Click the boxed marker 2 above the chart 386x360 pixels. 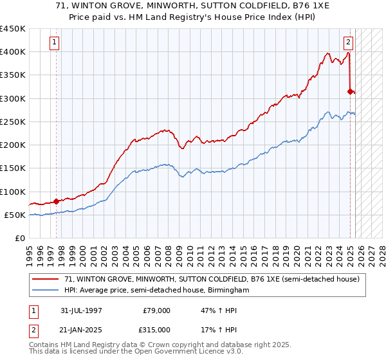coord(348,43)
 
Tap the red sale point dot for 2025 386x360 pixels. coord(351,91)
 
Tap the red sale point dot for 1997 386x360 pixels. coord(57,201)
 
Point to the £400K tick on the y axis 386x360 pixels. coord(13,52)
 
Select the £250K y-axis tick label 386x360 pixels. coord(13,122)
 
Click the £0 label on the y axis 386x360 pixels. coord(20,238)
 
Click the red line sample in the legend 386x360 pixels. coord(46,279)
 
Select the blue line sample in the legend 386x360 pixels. coord(46,290)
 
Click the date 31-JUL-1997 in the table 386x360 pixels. coord(80,310)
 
